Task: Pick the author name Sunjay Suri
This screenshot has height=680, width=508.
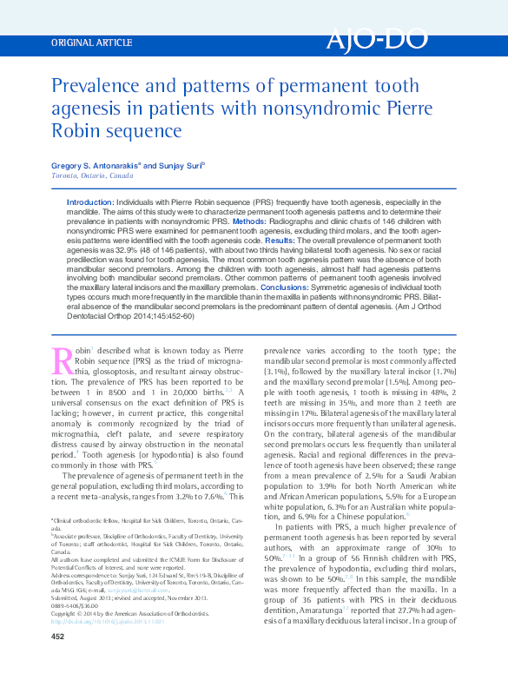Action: point(180,164)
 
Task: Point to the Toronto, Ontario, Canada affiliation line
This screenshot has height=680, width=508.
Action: point(92,175)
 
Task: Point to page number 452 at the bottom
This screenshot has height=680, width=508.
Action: point(58,661)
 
